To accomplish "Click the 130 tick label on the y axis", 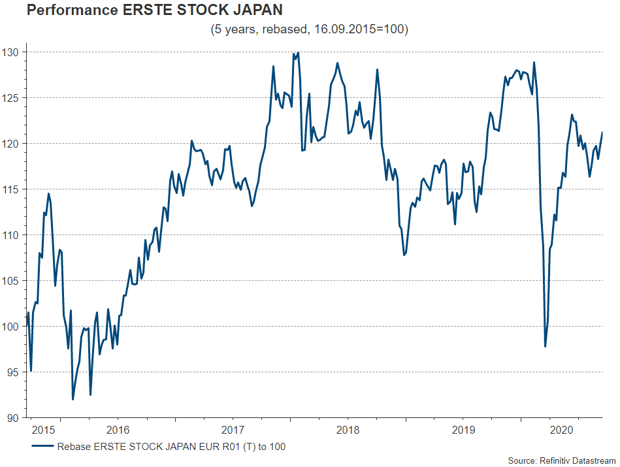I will [12, 52].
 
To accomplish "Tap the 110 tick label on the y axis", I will [12, 234].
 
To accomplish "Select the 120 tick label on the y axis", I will [12, 143].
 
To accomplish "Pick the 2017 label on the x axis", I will [233, 431].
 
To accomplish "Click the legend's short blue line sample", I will [42, 447].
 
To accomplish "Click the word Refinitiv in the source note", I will [557, 461].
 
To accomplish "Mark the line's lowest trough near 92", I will [73, 399].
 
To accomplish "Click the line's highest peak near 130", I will [298, 53].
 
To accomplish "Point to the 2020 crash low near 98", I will [546, 346].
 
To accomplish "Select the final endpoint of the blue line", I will [602, 133].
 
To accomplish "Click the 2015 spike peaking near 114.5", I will [48, 193].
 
